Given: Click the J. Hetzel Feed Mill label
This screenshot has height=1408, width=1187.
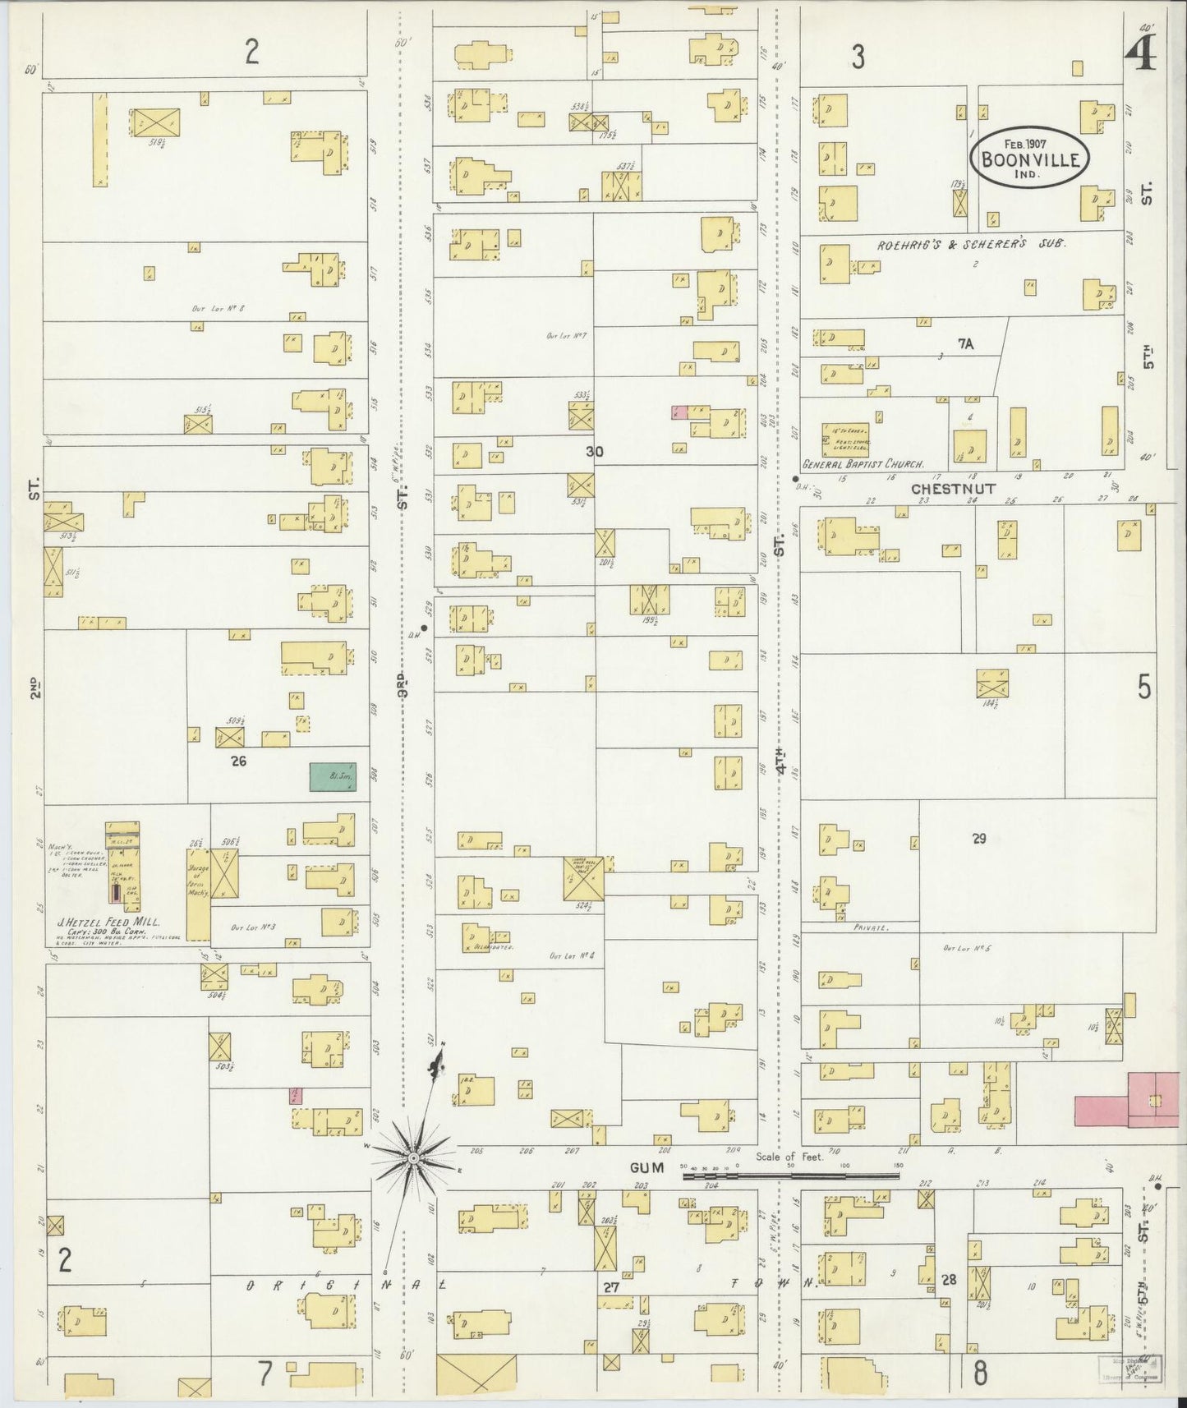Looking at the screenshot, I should (x=112, y=923).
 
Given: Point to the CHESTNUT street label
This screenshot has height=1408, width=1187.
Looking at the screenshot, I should (x=953, y=489).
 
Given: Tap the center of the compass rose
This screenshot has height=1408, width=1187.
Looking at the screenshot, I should (x=415, y=1158).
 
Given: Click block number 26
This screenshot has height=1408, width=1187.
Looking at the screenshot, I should (x=238, y=762).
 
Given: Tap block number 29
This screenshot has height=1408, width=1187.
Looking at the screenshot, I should (x=978, y=839).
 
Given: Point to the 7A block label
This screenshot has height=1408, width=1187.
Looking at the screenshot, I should (x=964, y=345).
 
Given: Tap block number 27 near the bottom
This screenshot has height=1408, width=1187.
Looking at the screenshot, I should (x=610, y=1288).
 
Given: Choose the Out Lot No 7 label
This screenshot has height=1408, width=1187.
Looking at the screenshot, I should (x=564, y=335).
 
